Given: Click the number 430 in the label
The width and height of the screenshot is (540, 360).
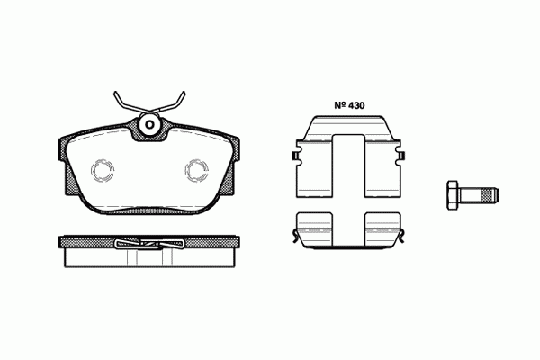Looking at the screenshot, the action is (x=355, y=105).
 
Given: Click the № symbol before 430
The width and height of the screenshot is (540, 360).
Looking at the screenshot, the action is (x=339, y=105).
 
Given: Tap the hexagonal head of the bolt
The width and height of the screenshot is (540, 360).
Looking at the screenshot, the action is (x=453, y=194).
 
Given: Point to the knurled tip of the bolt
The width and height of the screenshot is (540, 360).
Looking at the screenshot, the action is (x=490, y=194).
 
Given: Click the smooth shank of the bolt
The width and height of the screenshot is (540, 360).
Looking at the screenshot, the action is (x=471, y=194).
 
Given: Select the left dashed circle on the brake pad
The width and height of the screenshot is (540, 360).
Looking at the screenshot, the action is (x=103, y=170).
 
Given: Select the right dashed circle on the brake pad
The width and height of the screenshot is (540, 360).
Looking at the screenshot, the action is (x=196, y=170).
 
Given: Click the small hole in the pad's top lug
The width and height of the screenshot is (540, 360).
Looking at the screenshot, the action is (x=149, y=125).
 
